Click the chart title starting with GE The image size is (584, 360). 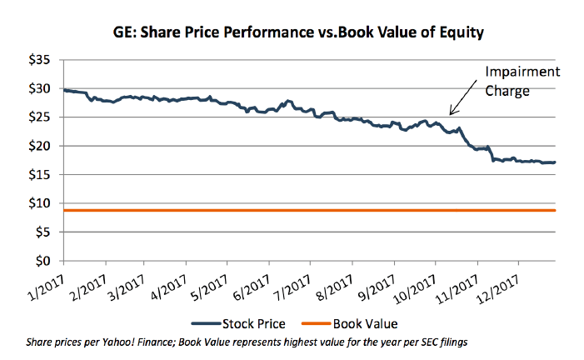point(297,34)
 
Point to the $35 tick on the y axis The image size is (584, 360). point(39,60)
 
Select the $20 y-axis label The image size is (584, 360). point(39,146)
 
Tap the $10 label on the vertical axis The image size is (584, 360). point(39,203)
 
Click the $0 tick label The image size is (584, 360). point(43,261)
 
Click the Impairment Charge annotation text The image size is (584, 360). point(507,82)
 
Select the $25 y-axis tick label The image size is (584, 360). point(39,117)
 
